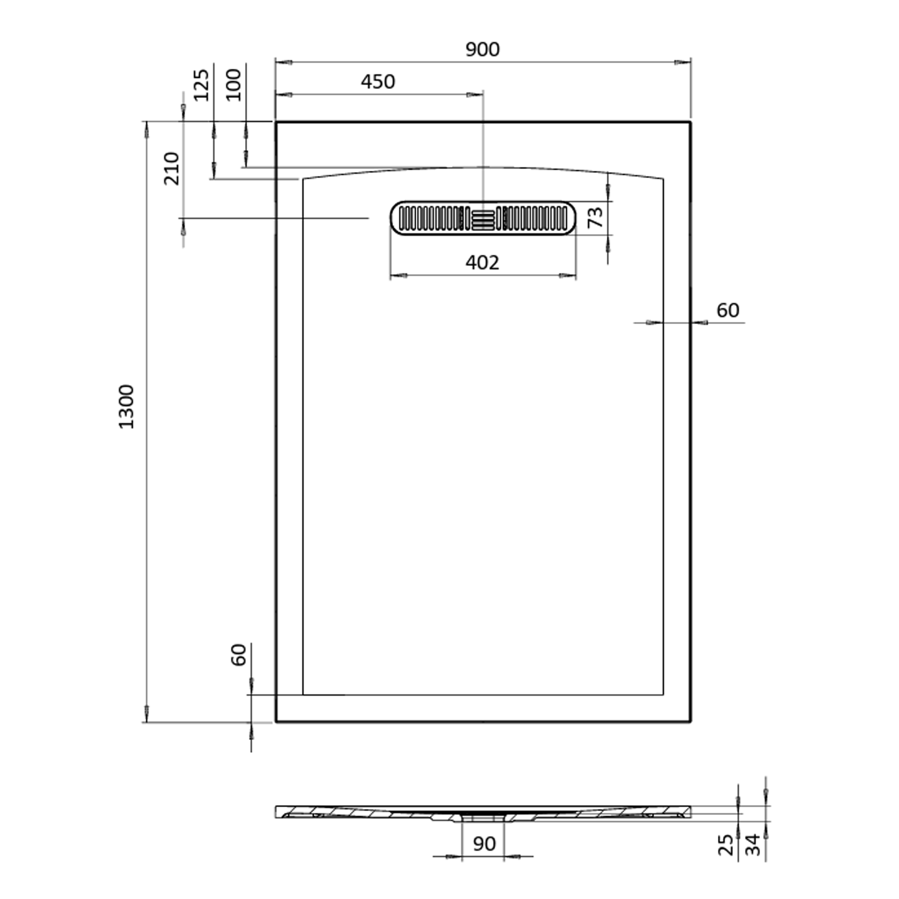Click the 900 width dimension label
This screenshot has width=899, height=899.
(482, 49)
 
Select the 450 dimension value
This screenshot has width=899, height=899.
(378, 82)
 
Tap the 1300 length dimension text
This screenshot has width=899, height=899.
(126, 407)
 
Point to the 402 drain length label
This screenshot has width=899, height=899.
(482, 263)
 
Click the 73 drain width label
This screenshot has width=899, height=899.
(595, 217)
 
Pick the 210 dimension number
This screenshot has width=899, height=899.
(172, 169)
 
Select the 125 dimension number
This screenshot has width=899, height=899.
(201, 85)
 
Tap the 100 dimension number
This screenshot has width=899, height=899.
(234, 85)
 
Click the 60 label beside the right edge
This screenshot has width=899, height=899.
(728, 310)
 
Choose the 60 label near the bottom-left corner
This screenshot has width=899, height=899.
(239, 655)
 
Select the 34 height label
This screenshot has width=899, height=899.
(753, 845)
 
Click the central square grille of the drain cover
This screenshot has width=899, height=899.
(483, 219)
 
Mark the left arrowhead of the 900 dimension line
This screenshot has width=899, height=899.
(283, 62)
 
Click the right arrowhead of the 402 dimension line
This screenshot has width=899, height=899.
(568, 276)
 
